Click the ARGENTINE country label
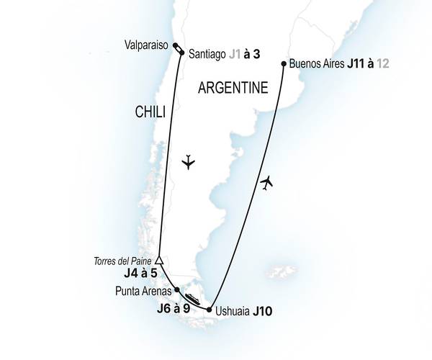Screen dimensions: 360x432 232,88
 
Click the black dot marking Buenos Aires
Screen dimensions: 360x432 283,64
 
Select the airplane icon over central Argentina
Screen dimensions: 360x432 189,161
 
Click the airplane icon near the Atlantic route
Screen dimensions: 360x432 267,183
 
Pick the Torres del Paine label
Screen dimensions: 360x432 123,261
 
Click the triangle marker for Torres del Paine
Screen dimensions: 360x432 160,261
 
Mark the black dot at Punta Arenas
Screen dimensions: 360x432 177,290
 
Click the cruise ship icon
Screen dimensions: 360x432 192,299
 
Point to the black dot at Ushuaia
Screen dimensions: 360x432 209,310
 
